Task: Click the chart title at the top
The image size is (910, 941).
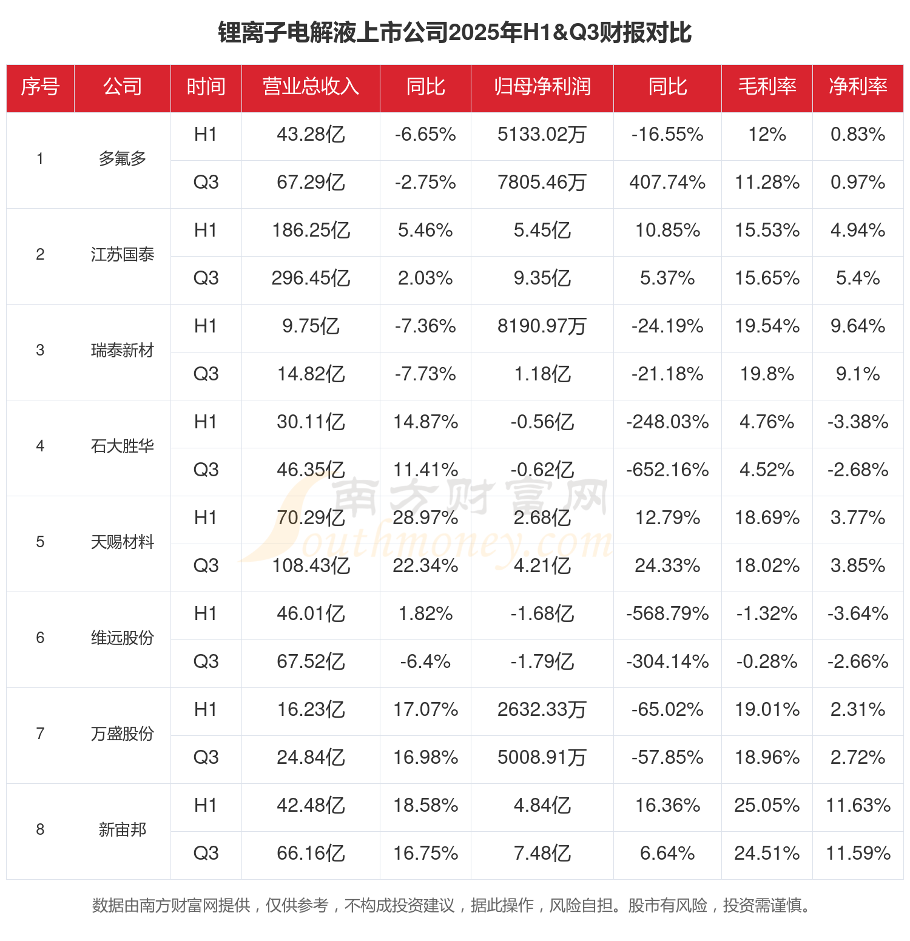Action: (455, 33)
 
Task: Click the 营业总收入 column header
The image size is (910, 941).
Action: (311, 87)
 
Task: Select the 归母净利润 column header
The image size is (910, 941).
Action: (542, 87)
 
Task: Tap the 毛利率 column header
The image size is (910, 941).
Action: (767, 87)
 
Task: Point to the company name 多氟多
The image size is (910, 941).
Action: (123, 159)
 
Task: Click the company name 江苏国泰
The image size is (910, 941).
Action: (123, 255)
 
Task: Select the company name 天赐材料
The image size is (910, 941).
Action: (123, 542)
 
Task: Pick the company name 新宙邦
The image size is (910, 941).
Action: (123, 830)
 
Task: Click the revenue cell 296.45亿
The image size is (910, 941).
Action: (311, 278)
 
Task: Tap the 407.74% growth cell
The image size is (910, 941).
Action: (667, 183)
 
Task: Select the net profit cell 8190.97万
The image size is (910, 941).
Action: (542, 326)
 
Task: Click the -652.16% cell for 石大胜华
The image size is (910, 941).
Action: (667, 470)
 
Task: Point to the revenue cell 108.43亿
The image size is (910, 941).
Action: (311, 566)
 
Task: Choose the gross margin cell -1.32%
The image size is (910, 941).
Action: (767, 614)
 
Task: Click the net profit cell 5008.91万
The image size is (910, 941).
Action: (542, 758)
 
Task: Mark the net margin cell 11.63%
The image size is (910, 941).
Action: (858, 806)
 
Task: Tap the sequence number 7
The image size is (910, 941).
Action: (40, 734)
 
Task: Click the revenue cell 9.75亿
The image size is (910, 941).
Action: (311, 326)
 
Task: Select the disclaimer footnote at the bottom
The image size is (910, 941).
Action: (452, 906)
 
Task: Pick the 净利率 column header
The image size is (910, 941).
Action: (858, 87)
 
